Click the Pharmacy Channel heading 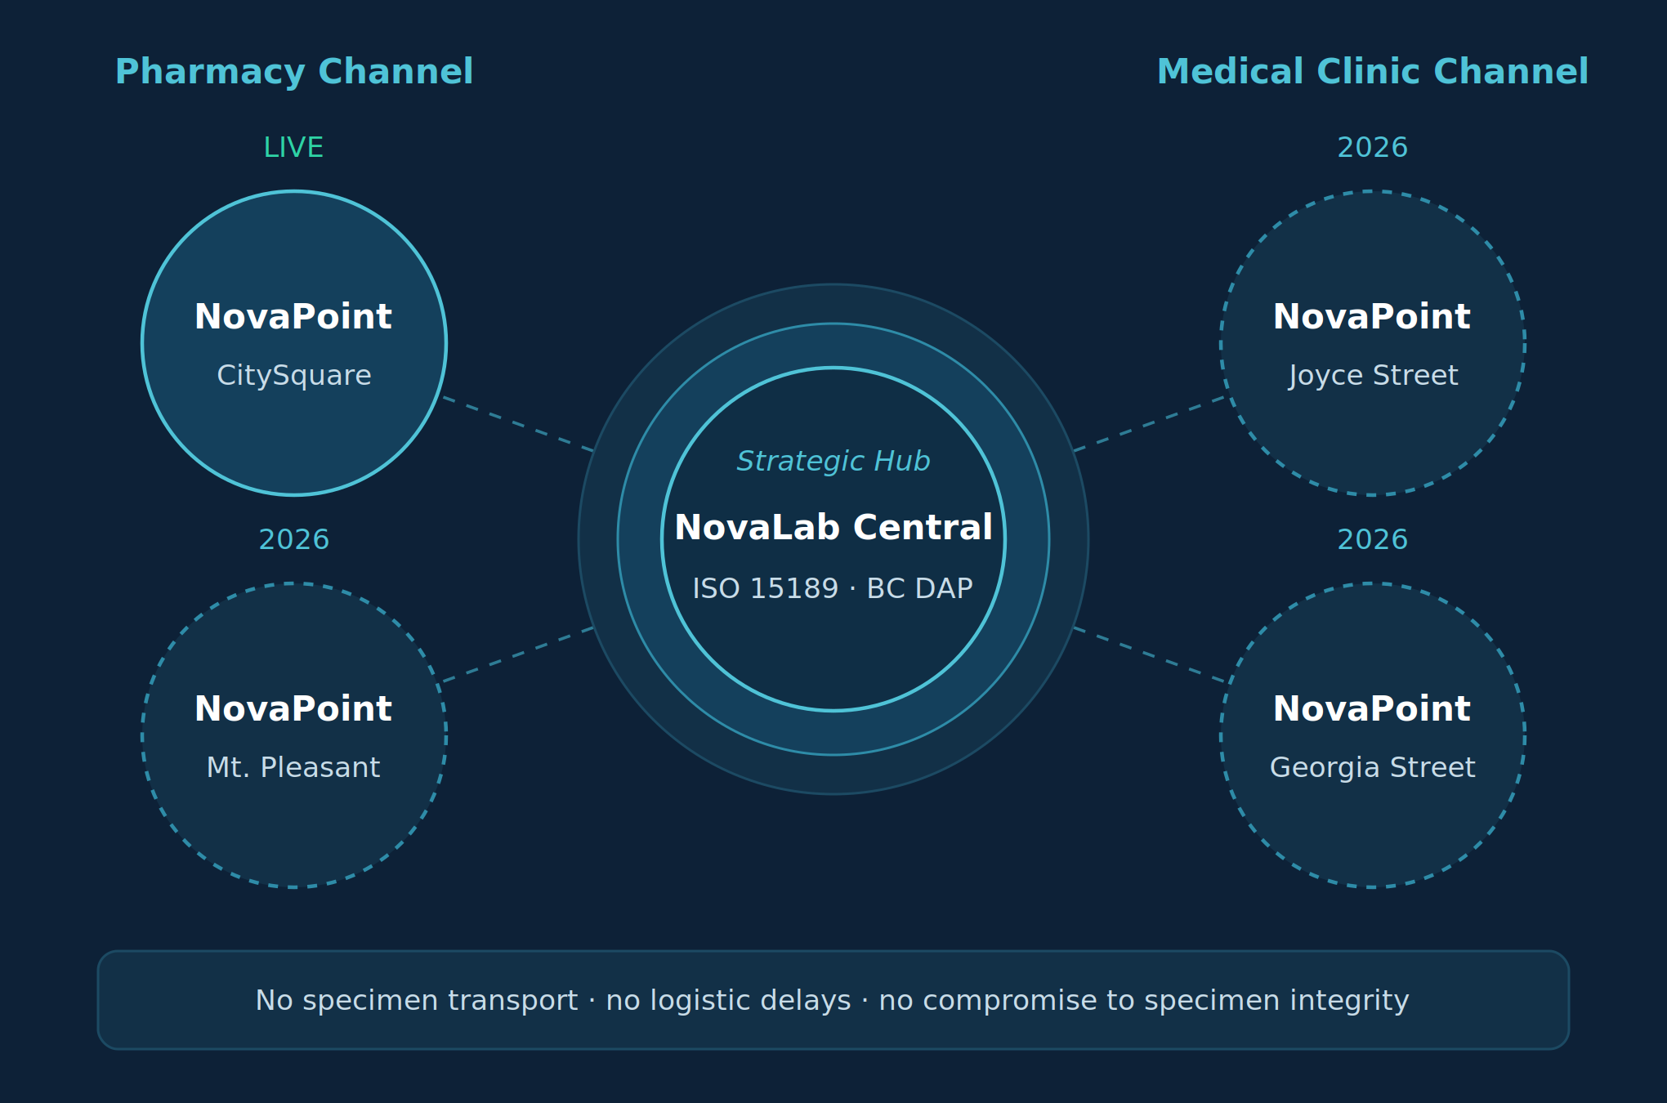tap(294, 72)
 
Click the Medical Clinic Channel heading tap(1373, 72)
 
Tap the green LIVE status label tap(293, 148)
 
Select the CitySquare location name tap(294, 376)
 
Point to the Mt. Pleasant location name tap(293, 768)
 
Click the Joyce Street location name tap(1373, 376)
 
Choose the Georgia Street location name tap(1373, 768)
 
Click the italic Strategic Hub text tap(833, 462)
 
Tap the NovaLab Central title tap(833, 528)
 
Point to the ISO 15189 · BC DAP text tap(833, 589)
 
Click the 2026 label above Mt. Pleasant tap(294, 540)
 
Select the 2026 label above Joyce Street tap(1373, 148)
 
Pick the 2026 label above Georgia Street tap(1373, 540)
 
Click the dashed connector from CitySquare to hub tap(518, 424)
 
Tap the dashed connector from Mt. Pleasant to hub tap(518, 654)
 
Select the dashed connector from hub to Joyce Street tap(1149, 424)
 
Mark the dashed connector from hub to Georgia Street tap(1149, 654)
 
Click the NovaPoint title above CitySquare tap(293, 317)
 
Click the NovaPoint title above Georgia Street tap(1372, 709)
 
